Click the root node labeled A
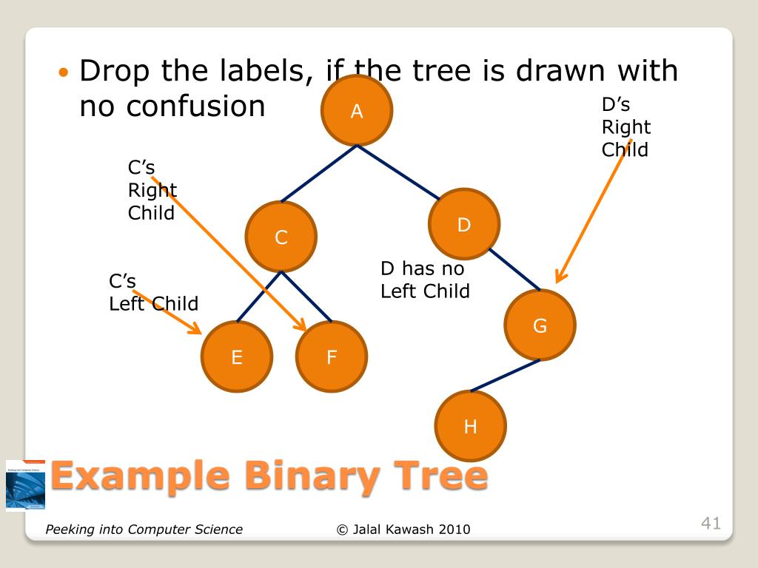coord(357,111)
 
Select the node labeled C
coord(281,237)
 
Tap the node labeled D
coord(464,225)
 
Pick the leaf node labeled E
coord(237,358)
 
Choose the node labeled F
coord(332,358)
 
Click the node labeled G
coord(540,325)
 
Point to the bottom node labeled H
coord(470,426)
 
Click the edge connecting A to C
coord(319,173)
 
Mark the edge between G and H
coord(505,375)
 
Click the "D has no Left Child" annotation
coord(425,280)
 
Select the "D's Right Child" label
coord(625,127)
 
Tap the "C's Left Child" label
coord(153,293)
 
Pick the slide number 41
coord(711,524)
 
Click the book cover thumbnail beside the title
coord(25,484)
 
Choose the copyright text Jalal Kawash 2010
coord(403,529)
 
